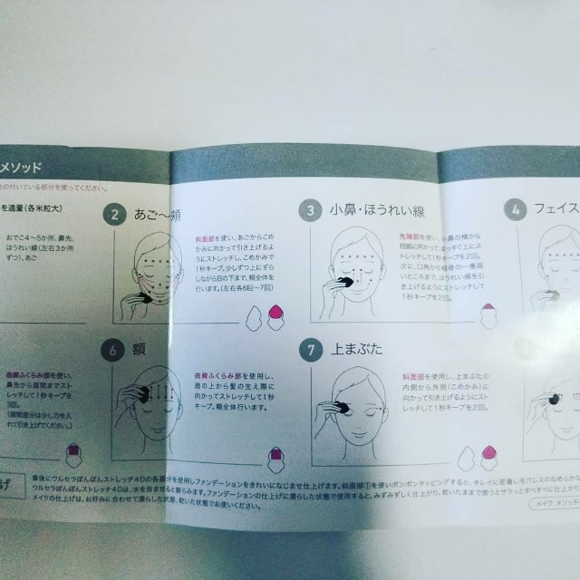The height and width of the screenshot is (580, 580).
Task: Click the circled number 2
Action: coord(114,214)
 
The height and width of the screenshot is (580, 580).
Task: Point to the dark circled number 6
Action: coord(113,348)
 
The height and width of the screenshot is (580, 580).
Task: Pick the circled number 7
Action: coord(311,349)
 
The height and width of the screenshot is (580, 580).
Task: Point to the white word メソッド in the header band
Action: coord(38,167)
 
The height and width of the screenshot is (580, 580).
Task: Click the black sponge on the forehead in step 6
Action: coord(141,394)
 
